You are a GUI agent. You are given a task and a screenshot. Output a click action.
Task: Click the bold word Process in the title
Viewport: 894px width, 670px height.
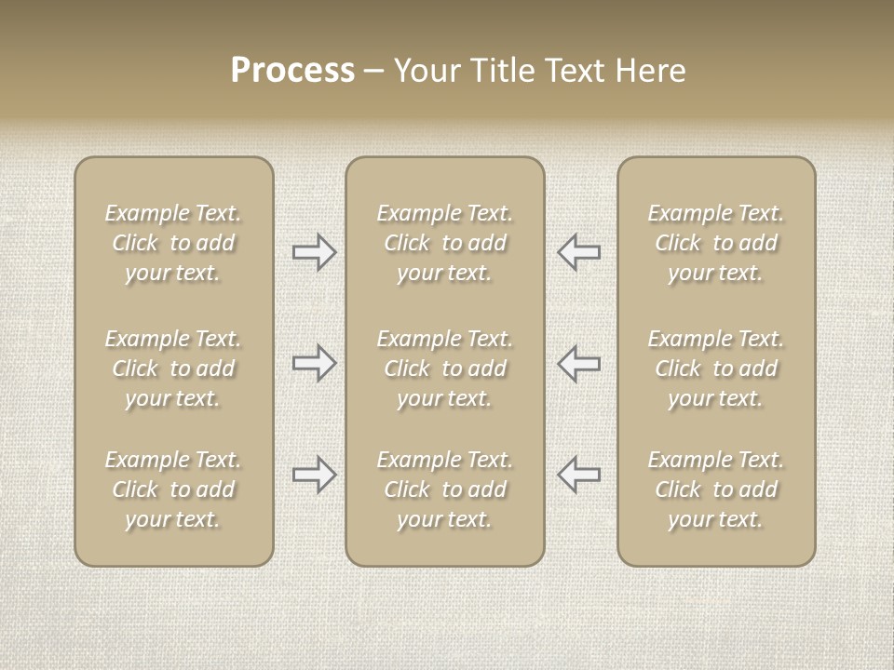[x=292, y=71]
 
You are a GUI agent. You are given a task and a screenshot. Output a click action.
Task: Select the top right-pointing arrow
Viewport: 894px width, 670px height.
[x=314, y=252]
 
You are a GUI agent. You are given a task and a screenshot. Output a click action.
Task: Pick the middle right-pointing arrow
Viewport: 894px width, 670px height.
[x=314, y=363]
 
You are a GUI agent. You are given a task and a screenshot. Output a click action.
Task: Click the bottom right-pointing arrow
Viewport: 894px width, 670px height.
[x=314, y=475]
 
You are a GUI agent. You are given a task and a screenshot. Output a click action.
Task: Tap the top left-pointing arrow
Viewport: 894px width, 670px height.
[x=578, y=252]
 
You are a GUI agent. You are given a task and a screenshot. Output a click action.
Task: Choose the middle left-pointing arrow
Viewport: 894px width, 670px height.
[x=578, y=363]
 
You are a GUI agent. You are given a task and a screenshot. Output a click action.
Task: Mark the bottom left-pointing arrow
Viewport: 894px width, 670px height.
[x=578, y=475]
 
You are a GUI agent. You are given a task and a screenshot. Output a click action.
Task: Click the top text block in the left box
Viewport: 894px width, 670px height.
[x=173, y=243]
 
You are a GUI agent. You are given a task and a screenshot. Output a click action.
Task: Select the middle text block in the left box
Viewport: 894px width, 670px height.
[x=173, y=368]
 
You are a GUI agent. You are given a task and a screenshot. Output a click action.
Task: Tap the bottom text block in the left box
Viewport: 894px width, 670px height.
[x=173, y=489]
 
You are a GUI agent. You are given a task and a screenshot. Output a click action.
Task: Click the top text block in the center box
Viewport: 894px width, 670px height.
[x=444, y=243]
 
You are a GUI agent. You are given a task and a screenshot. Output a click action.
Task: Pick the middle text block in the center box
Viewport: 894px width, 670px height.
[x=444, y=368]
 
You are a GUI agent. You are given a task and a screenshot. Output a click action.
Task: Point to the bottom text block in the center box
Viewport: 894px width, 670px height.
[x=444, y=489]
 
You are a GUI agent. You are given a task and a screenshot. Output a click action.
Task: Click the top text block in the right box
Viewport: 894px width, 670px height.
[x=715, y=243]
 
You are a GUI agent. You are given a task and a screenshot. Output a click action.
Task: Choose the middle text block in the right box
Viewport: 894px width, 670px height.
[x=715, y=368]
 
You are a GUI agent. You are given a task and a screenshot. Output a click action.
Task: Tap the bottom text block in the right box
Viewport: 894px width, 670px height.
[x=715, y=489]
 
